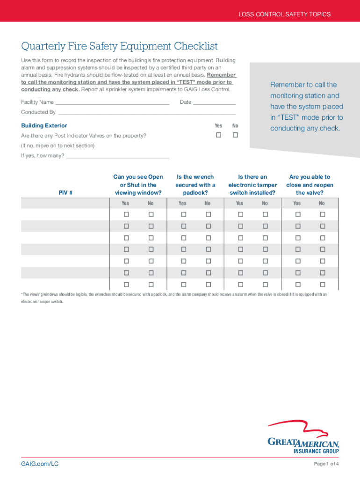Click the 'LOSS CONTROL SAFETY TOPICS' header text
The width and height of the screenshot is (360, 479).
click(x=284, y=14)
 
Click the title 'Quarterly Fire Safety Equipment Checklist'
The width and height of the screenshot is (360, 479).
click(x=119, y=46)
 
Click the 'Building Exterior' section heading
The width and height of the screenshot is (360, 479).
click(x=44, y=125)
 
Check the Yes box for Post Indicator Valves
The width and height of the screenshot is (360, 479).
click(x=218, y=135)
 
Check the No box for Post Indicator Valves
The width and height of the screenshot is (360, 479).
click(x=235, y=135)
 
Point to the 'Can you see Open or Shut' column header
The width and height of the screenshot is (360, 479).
click(x=138, y=184)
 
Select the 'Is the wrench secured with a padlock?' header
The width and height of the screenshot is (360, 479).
click(x=195, y=184)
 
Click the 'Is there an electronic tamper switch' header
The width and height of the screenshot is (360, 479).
click(x=252, y=184)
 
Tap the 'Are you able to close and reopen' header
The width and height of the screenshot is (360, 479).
click(x=310, y=184)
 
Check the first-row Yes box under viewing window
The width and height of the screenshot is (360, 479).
click(x=126, y=214)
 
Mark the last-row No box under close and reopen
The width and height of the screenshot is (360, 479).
click(x=322, y=284)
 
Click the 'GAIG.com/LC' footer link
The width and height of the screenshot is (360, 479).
click(x=40, y=464)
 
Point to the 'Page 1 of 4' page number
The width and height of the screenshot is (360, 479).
click(x=326, y=464)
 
